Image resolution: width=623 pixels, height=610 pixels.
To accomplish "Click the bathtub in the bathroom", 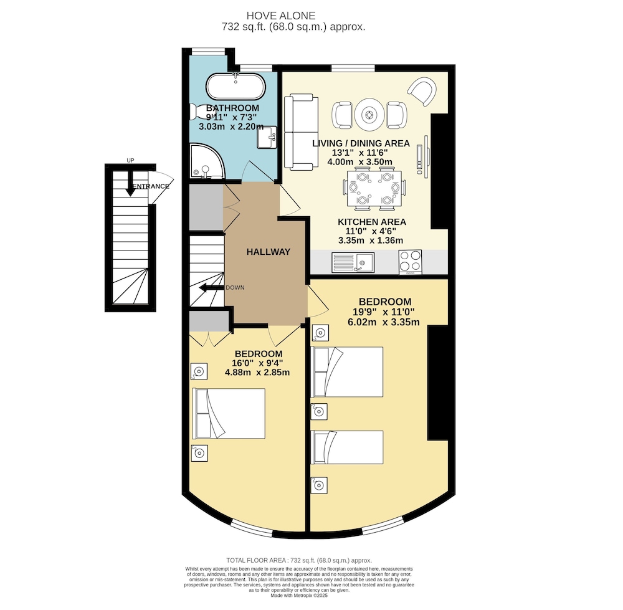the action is click(235, 86).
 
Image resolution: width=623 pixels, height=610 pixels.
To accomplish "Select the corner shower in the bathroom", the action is click(207, 161).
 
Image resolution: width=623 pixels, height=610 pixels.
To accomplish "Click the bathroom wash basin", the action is click(267, 137).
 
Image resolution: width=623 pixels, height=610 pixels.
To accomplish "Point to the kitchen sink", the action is click(353, 263).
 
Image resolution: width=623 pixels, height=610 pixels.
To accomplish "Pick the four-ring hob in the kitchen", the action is click(410, 262).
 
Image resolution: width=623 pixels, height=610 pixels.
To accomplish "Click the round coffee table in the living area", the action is click(369, 115).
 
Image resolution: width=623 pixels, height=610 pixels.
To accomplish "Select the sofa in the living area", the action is click(301, 132).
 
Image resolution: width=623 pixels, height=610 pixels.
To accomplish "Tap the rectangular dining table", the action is click(374, 189).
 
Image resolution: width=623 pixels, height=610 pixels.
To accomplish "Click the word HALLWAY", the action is click(268, 252).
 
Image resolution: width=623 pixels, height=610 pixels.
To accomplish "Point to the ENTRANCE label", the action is click(151, 186).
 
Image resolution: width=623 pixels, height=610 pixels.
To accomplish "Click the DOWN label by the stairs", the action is click(235, 287).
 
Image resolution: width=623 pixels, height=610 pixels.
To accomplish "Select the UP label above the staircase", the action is click(130, 161).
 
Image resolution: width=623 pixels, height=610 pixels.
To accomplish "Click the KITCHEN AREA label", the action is click(372, 222).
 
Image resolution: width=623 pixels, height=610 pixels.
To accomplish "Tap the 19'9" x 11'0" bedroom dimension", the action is click(383, 312).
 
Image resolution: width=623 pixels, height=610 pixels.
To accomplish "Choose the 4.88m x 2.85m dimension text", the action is click(257, 373).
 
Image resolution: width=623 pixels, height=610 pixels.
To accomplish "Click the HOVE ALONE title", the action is click(281, 16).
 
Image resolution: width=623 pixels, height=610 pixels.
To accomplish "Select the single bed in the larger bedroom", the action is click(347, 447).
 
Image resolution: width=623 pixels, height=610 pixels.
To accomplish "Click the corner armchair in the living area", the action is click(422, 92).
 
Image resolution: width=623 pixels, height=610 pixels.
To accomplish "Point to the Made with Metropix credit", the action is click(299, 596).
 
